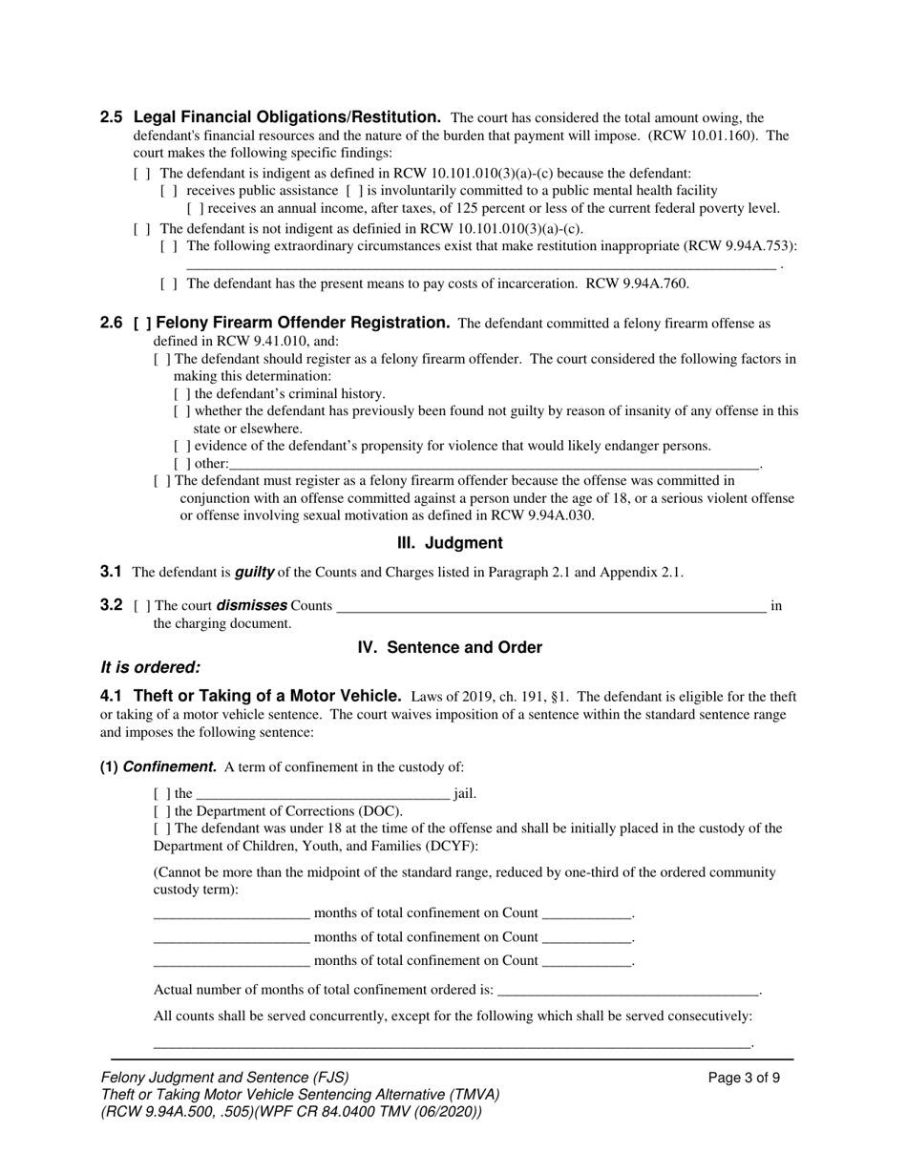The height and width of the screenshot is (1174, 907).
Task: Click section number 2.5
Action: tap(111, 117)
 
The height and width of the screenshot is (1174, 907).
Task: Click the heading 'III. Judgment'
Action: tap(450, 543)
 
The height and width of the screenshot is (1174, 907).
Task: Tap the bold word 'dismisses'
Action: tap(252, 605)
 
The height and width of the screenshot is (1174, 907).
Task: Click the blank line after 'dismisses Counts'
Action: tap(551, 605)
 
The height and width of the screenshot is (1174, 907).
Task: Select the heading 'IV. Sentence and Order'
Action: tap(450, 647)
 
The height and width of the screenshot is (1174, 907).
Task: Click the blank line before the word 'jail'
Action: tap(323, 793)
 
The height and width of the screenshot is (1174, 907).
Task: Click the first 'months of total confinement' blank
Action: tap(232, 913)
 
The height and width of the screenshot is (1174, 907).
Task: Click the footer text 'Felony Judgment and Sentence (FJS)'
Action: tap(224, 1078)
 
